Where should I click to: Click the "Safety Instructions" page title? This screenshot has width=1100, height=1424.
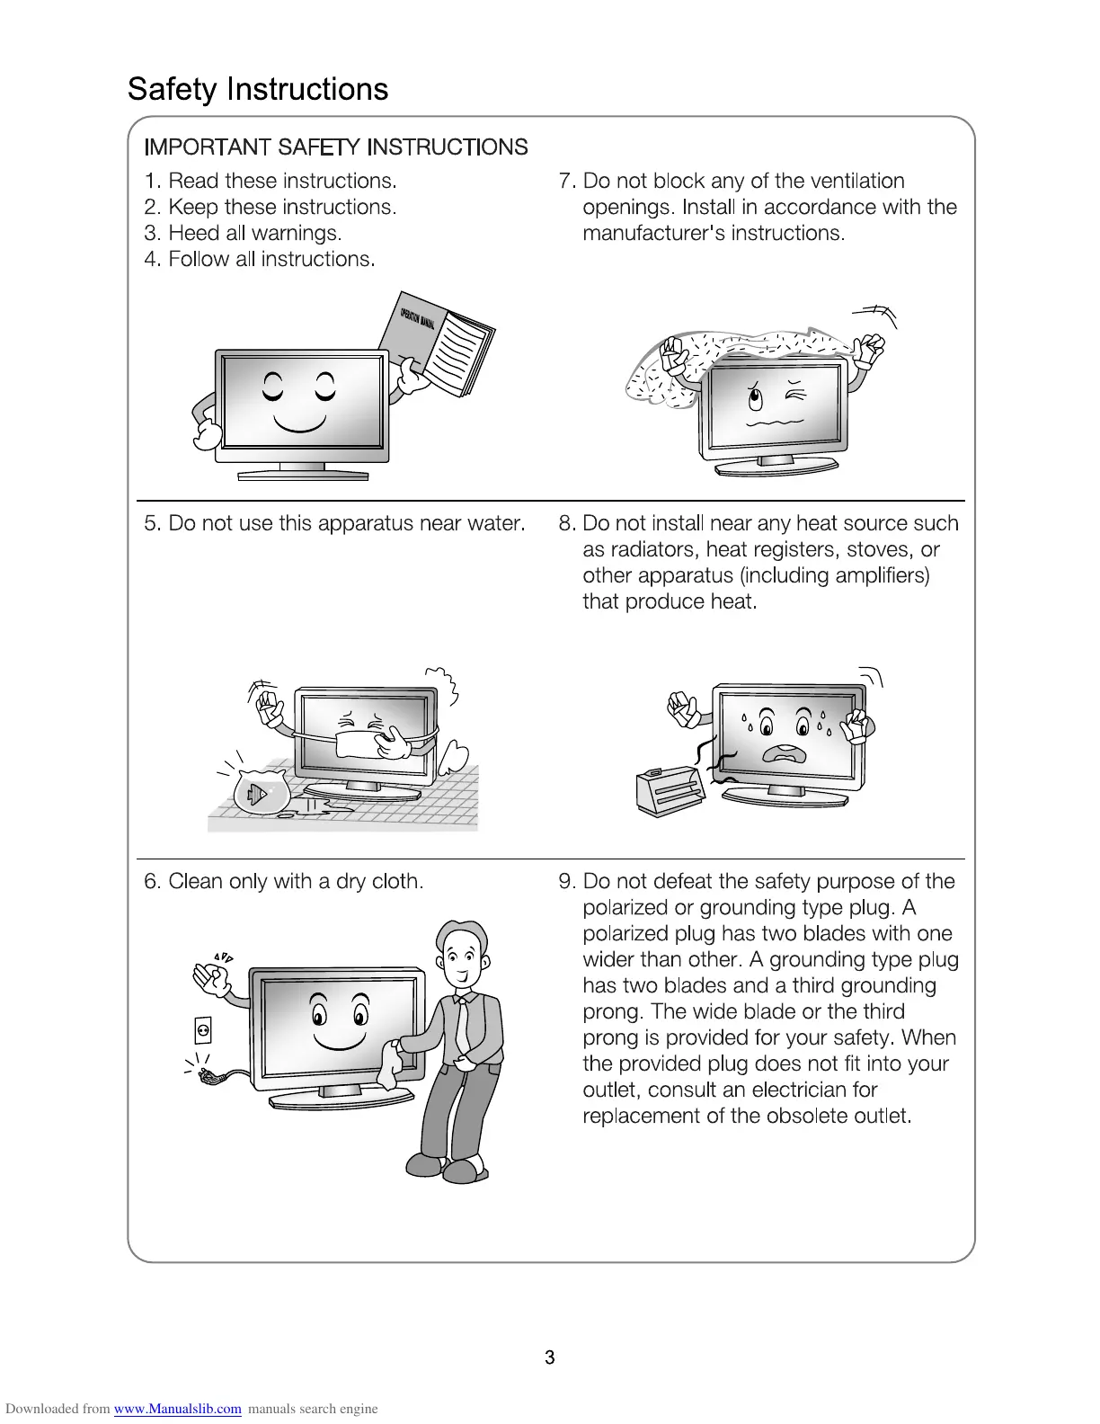[x=258, y=89]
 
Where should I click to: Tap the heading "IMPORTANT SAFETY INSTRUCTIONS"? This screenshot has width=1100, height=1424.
[x=336, y=147]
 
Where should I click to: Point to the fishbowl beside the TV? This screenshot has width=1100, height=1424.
[x=260, y=790]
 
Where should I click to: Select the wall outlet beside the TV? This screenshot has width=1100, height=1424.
[x=203, y=1029]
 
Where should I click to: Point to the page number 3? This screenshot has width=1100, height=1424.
[x=549, y=1357]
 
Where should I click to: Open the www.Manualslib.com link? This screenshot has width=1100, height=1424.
[x=177, y=1409]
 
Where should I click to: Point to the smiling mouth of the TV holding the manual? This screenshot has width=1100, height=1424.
[x=299, y=421]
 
